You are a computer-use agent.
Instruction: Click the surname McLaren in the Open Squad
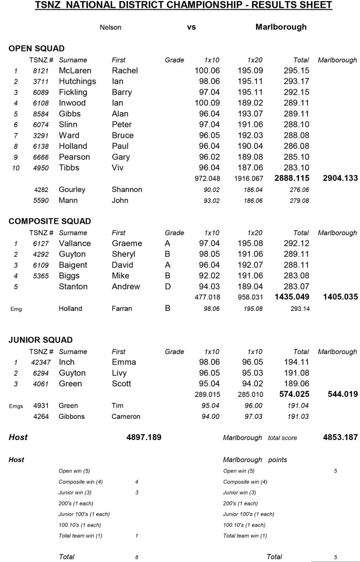click(76, 71)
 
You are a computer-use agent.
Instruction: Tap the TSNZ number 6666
click(41, 157)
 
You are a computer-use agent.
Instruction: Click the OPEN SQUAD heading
click(37, 48)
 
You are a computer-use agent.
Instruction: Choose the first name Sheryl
click(123, 254)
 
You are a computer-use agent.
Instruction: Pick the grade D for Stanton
click(168, 287)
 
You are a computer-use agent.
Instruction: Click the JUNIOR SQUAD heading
click(41, 340)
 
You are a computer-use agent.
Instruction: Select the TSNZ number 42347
click(41, 362)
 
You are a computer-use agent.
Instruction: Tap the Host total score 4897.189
click(144, 437)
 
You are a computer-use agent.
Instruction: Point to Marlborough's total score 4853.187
click(340, 437)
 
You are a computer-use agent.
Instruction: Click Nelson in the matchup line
click(111, 27)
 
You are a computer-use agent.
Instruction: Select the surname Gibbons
click(71, 416)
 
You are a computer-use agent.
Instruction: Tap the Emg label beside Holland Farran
click(15, 309)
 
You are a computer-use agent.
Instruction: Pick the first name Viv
click(118, 168)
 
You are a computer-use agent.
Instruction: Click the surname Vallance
click(75, 243)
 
